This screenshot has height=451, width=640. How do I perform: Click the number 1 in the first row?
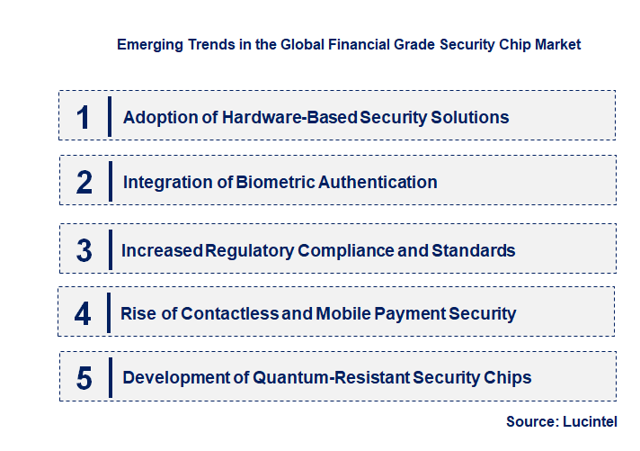[84, 117]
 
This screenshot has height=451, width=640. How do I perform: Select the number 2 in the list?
[84, 182]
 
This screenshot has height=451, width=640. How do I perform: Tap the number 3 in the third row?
[84, 250]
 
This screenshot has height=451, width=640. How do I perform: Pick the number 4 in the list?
[84, 314]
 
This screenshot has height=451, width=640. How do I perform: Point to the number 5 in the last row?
[84, 377]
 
